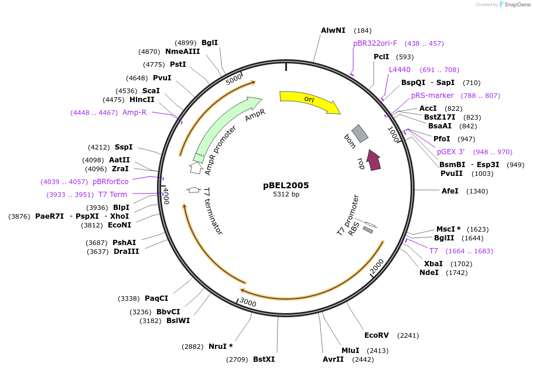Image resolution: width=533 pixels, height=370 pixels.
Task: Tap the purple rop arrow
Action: pos(373,159)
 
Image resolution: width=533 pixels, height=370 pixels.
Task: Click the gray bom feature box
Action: pos(360,134)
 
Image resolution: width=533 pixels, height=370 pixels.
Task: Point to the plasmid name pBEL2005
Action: pos(286,185)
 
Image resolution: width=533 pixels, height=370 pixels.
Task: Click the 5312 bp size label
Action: pos(286,195)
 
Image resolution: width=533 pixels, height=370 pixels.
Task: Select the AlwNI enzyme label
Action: pos(333,30)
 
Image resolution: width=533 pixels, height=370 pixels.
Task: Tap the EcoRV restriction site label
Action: pos(376,335)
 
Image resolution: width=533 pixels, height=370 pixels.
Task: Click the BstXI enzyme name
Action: pos(264,359)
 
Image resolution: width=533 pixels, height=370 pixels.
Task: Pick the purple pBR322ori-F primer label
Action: pos(375,43)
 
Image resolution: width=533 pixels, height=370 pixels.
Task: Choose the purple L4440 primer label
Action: pos(400,70)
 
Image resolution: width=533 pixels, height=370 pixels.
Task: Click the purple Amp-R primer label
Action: pos(134,113)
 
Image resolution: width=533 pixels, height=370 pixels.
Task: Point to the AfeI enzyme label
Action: pos(450,191)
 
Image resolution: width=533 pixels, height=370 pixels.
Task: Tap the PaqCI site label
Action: pos(156,298)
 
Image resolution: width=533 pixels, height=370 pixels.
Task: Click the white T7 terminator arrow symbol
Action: pos(193,189)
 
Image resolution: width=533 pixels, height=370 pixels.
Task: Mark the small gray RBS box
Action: pos(368,230)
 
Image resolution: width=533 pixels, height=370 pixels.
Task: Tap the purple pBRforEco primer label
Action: pos(110,182)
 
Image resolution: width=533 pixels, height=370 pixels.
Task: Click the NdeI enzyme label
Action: pos(429,273)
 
